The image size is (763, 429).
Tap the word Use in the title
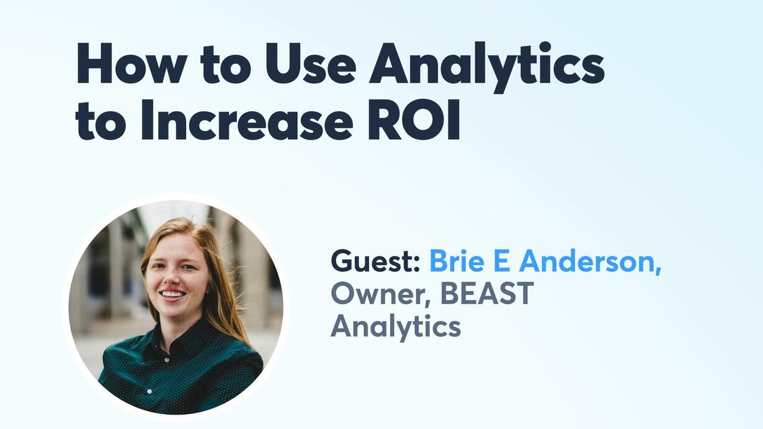311,64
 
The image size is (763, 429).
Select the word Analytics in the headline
487,67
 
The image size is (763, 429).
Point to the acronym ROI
414,120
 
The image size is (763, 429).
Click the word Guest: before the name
375,261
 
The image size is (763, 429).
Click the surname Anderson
586,261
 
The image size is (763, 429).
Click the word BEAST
487,293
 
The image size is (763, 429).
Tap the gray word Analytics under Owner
396,327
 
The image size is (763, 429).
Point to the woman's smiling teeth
172,294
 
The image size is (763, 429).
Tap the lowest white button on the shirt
149,392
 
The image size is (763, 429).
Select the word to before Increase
101,122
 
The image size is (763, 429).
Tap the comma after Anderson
658,269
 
